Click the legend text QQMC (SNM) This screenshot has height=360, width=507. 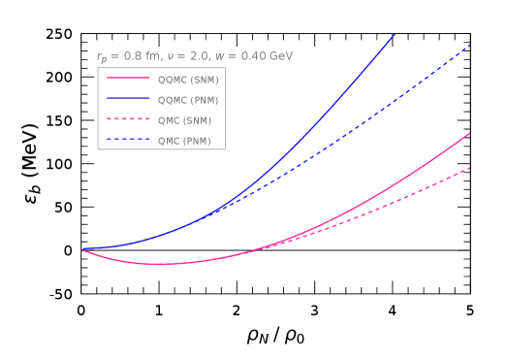pos(188,80)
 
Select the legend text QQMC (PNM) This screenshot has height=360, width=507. pos(188,100)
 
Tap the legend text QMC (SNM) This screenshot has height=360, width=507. pos(184,120)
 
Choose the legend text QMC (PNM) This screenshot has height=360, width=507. pos(184,141)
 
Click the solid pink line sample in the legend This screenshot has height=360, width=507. pos(128,79)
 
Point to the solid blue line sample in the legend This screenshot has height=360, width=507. pos(128,99)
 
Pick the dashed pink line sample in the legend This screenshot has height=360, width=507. pos(128,119)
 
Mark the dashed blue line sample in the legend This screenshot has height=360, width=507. pos(128,140)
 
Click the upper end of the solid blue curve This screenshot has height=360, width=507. pos(395,35)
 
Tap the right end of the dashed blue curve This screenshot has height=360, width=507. pos(470,45)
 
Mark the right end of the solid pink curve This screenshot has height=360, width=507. pos(470,133)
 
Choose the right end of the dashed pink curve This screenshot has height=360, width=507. pos(470,167)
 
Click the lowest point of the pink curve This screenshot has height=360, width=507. pos(160,264)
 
